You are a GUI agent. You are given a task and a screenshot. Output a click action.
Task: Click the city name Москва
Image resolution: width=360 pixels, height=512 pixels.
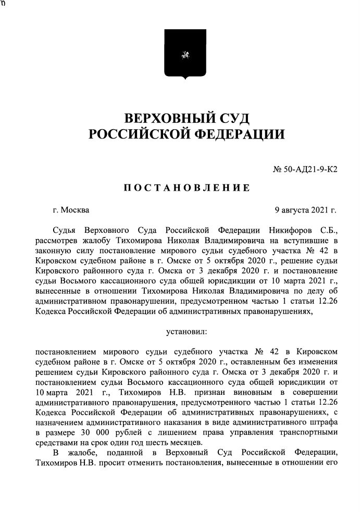(75, 210)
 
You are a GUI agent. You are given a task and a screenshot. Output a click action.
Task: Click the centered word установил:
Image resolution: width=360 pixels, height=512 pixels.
(187, 331)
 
